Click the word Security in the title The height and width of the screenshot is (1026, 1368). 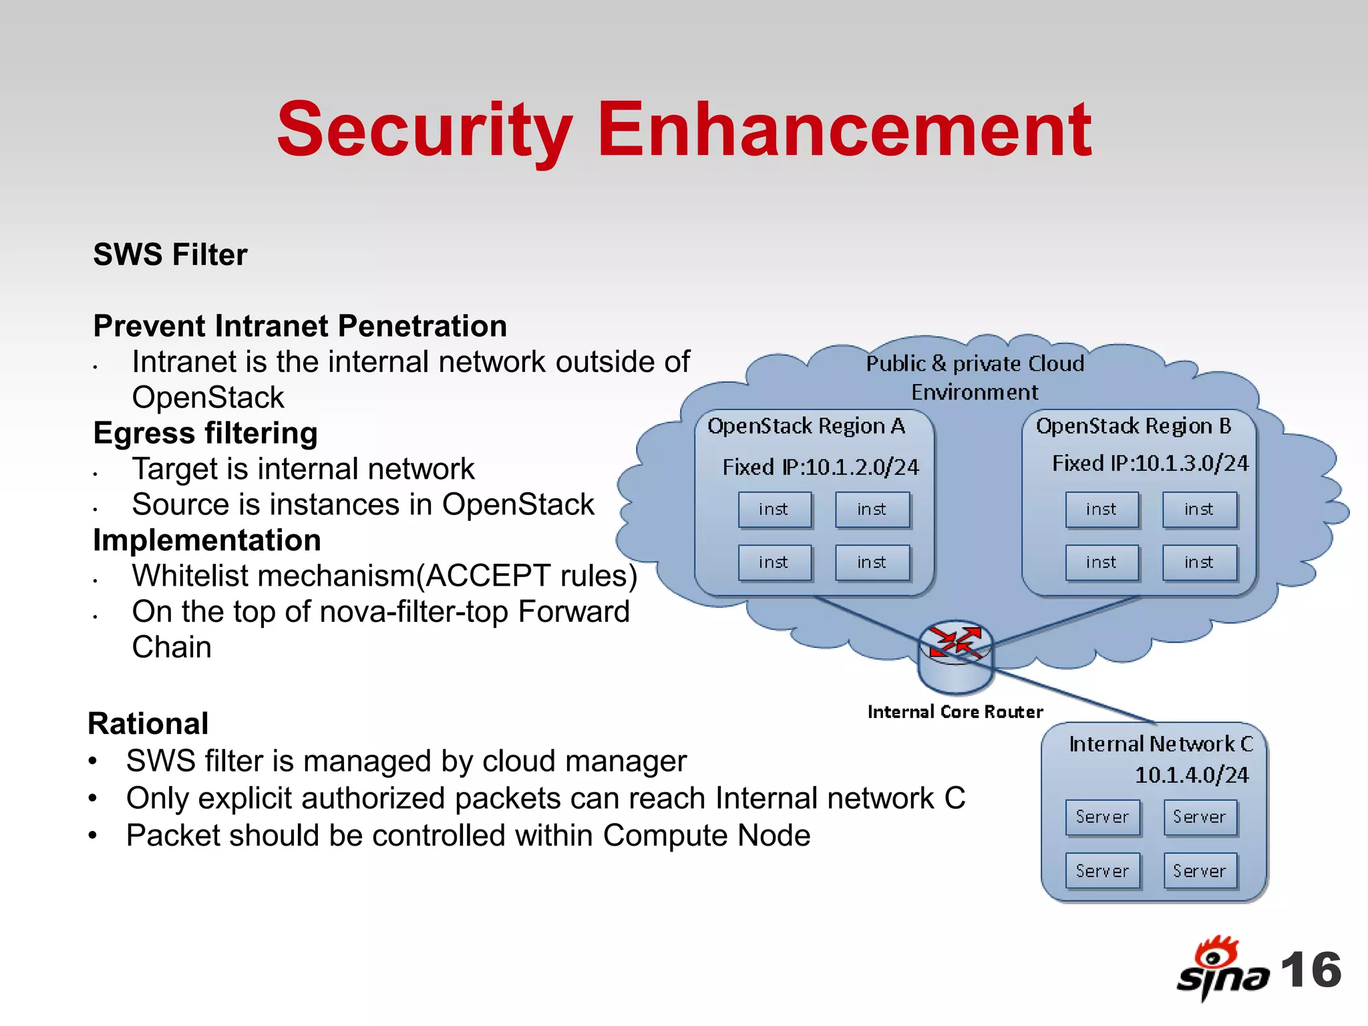click(425, 130)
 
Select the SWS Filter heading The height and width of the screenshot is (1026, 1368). click(170, 255)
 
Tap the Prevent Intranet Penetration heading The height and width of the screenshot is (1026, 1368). click(300, 327)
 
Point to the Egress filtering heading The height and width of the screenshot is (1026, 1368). click(205, 434)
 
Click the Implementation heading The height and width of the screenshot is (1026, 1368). click(207, 540)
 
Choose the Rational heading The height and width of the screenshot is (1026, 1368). click(148, 724)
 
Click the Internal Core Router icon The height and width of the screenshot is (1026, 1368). click(955, 657)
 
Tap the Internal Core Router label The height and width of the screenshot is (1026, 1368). click(955, 712)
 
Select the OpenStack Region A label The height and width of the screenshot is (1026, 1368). click(806, 426)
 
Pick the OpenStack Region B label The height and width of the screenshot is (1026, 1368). click(1134, 426)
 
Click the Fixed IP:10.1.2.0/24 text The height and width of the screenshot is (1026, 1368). click(821, 467)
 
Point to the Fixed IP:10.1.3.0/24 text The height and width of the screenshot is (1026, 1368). click(1150, 464)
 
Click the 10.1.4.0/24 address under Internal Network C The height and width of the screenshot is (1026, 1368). click(1192, 776)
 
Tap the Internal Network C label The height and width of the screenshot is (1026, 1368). click(1160, 744)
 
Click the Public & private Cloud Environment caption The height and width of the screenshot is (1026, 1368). click(975, 377)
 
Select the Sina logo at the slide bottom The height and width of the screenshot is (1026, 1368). click(1222, 969)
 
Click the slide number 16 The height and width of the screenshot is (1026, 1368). click(1311, 970)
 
